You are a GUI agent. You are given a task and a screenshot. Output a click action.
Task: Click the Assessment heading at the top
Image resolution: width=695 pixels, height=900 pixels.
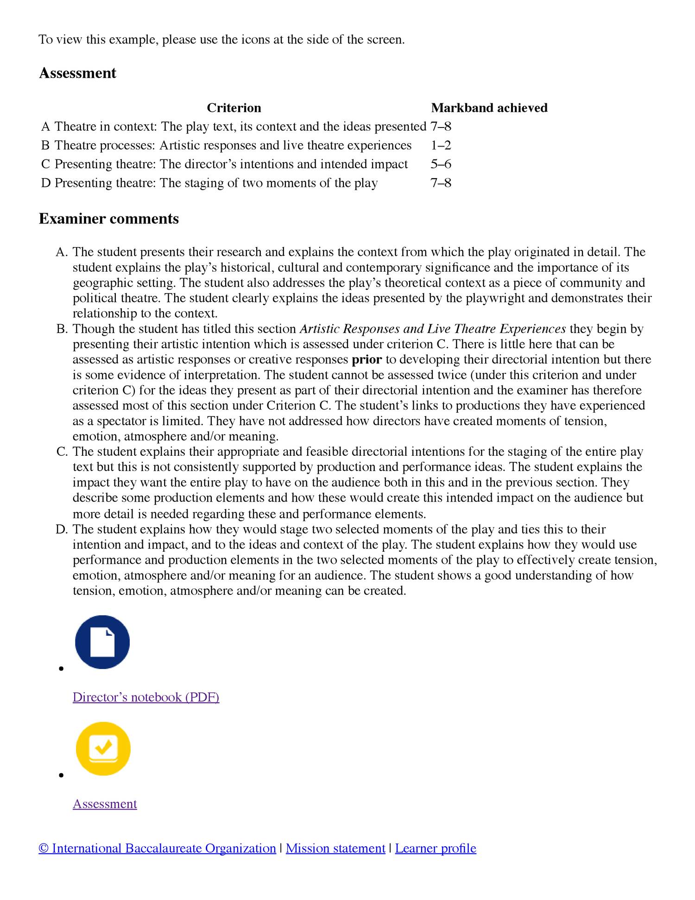tap(77, 73)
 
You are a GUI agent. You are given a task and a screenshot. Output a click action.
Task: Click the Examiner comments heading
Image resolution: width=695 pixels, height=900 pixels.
tap(108, 218)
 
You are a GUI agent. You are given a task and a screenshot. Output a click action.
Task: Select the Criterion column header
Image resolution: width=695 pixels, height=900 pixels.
tap(234, 108)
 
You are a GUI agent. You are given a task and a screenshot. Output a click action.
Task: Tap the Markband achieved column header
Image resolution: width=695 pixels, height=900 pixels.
tap(489, 108)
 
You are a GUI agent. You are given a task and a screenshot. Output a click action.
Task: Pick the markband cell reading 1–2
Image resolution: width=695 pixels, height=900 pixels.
tap(441, 146)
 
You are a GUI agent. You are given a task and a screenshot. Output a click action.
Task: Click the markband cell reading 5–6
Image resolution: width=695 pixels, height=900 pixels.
tap(441, 164)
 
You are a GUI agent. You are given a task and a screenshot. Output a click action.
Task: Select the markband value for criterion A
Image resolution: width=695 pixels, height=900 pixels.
tap(441, 127)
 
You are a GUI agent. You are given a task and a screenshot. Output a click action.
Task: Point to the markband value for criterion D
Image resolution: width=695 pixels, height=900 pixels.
tap(441, 183)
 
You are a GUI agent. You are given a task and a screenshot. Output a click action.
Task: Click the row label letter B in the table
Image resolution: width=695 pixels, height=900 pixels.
tap(45, 146)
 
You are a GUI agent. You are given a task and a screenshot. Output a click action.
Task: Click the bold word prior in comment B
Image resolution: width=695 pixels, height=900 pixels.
tap(367, 360)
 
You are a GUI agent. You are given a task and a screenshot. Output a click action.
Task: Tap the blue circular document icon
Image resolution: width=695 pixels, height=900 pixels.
tap(102, 642)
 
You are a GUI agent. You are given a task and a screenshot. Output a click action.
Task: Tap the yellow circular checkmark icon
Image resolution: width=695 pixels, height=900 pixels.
tap(103, 748)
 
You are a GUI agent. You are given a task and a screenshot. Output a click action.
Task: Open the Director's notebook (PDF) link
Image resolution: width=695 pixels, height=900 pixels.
tap(145, 697)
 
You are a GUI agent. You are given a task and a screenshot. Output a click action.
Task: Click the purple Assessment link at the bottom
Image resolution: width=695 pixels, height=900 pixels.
tap(105, 804)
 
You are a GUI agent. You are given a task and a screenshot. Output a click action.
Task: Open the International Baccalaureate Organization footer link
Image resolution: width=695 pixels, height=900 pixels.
tap(158, 848)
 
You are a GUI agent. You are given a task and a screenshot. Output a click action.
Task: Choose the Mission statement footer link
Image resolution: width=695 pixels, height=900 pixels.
tap(335, 848)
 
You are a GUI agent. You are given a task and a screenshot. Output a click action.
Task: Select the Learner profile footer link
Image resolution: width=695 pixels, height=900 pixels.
tap(436, 848)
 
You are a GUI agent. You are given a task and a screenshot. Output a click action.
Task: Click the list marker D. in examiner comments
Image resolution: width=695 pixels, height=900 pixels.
tap(62, 530)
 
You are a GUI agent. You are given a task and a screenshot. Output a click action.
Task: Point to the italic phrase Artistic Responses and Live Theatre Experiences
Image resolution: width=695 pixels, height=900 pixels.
tap(433, 329)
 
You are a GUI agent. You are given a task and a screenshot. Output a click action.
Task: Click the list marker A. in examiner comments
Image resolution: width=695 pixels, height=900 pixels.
tap(62, 252)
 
